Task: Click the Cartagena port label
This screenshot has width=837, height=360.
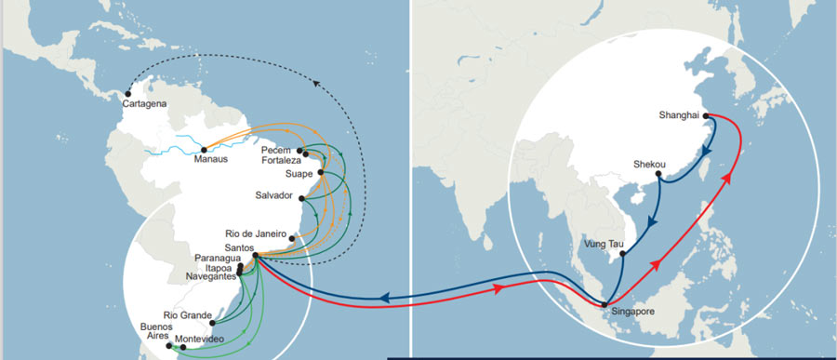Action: tap(144, 104)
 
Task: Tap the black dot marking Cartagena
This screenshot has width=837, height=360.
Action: tap(128, 92)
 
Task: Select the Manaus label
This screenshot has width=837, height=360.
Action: tap(210, 158)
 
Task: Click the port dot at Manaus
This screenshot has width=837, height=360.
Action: tap(203, 148)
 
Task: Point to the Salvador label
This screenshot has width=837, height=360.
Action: tap(273, 195)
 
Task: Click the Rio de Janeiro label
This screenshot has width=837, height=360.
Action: tap(258, 233)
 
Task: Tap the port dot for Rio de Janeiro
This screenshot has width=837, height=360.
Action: tap(292, 238)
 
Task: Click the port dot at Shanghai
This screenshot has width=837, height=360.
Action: tap(706, 116)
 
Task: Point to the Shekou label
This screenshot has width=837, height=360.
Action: tap(650, 164)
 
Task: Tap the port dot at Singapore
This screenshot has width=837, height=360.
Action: tap(605, 305)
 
